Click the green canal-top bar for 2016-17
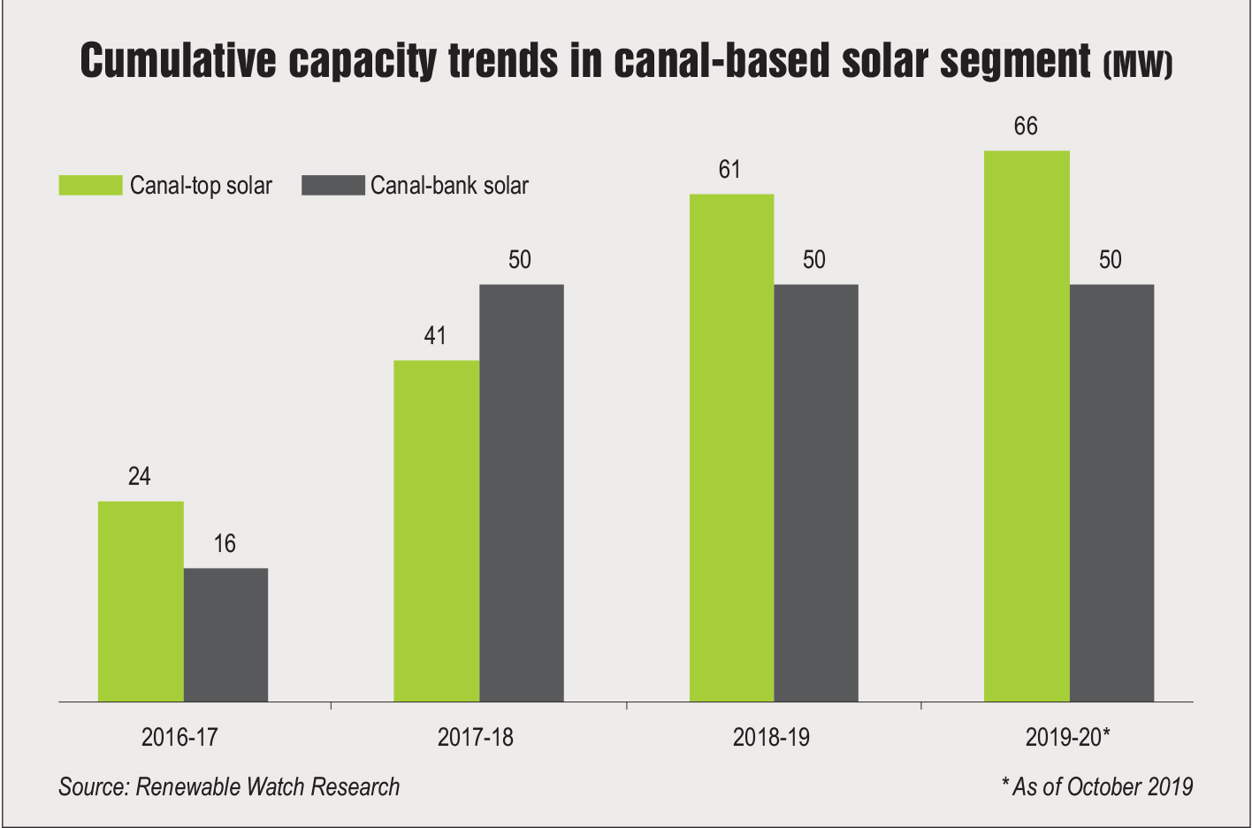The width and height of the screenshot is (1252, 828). tap(141, 602)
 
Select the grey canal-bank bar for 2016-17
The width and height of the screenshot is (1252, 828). tap(225, 635)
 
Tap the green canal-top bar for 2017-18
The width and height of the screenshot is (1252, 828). tap(436, 531)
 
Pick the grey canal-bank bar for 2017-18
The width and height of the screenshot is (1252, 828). tap(521, 493)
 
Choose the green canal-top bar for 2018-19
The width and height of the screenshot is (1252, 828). tap(731, 448)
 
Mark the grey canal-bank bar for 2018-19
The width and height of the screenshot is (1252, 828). tap(815, 493)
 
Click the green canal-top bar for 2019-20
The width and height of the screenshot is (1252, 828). tap(1027, 426)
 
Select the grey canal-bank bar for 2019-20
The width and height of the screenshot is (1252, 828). tap(1111, 493)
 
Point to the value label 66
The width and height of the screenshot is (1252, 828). tap(1026, 126)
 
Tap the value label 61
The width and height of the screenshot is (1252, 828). tap(729, 170)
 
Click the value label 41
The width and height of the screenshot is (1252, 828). tap(435, 336)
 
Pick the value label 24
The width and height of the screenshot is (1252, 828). tap(140, 477)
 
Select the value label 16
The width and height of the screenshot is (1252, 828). tap(225, 543)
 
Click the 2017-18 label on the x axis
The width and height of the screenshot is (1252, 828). tap(475, 737)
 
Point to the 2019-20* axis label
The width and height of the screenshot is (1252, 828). tap(1067, 737)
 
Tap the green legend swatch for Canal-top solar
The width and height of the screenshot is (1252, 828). tap(90, 185)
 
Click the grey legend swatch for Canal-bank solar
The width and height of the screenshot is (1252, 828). tap(332, 185)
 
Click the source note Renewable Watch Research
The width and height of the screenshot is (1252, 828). tap(229, 786)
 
